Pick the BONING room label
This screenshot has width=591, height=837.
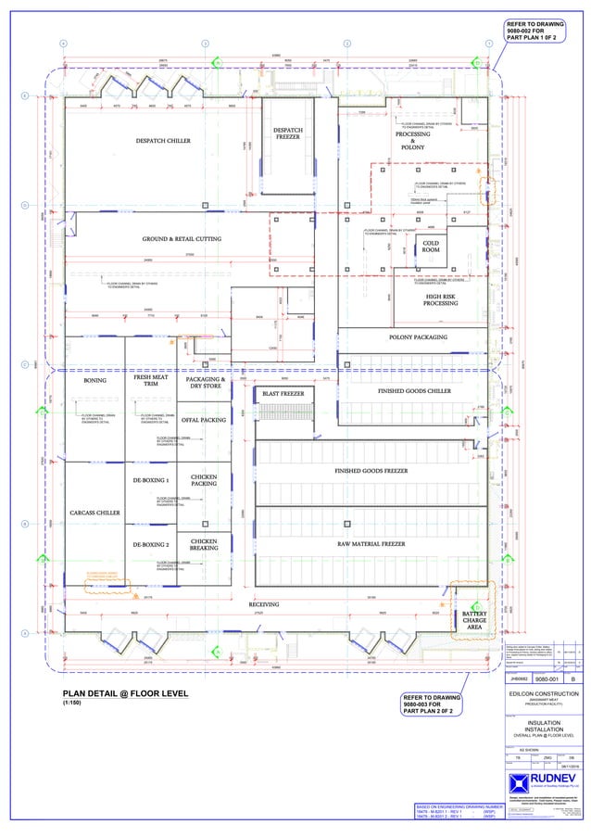click(95, 380)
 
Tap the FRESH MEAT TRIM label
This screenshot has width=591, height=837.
click(149, 381)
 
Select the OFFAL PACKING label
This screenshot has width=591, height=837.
click(204, 420)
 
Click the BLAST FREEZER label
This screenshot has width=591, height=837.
click(283, 394)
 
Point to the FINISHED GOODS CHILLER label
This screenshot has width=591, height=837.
click(414, 391)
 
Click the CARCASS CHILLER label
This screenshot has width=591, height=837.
click(94, 512)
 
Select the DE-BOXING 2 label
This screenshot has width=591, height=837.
click(151, 544)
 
